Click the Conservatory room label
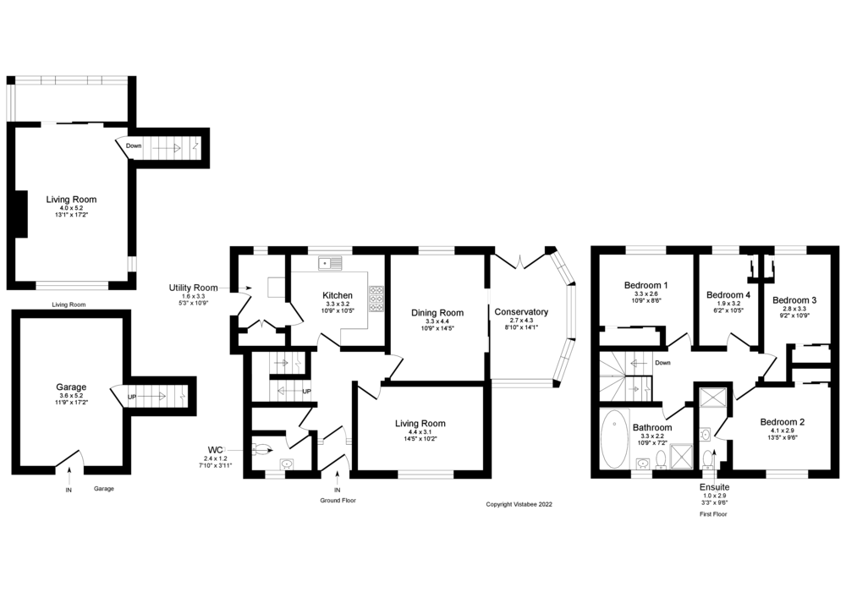pyautogui.click(x=520, y=312)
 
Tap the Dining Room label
pyautogui.click(x=437, y=313)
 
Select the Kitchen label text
pyautogui.click(x=338, y=295)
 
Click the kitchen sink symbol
pyautogui.click(x=329, y=263)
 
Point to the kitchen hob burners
pyautogui.click(x=376, y=297)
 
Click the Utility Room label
pyautogui.click(x=193, y=288)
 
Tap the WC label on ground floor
pyautogui.click(x=215, y=449)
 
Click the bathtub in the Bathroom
pyautogui.click(x=613, y=439)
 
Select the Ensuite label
pyautogui.click(x=713, y=487)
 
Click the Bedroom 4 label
pyautogui.click(x=728, y=294)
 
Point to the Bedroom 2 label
pyautogui.click(x=782, y=422)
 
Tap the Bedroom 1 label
pyautogui.click(x=646, y=285)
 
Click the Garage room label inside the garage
pyautogui.click(x=71, y=387)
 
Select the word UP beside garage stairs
pyautogui.click(x=132, y=396)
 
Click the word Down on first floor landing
pyautogui.click(x=663, y=363)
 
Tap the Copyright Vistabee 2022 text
pyautogui.click(x=519, y=504)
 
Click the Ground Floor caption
pyautogui.click(x=338, y=501)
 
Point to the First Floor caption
pyautogui.click(x=713, y=513)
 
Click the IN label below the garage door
pyautogui.click(x=69, y=489)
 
